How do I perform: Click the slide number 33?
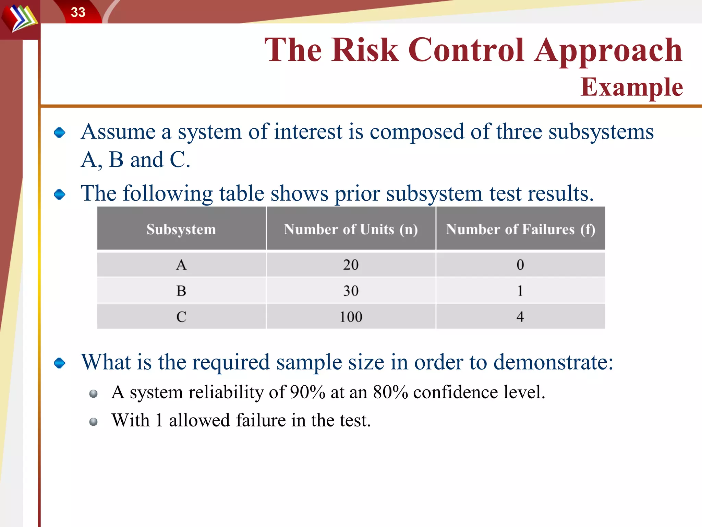(x=78, y=12)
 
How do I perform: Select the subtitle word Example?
(x=631, y=87)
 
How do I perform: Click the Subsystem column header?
(x=181, y=229)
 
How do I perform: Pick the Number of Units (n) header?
(x=351, y=229)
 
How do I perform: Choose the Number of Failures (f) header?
(x=520, y=229)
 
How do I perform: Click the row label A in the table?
(x=181, y=265)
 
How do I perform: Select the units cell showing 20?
(x=351, y=265)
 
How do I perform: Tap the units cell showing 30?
(x=351, y=291)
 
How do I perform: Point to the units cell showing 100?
(x=351, y=317)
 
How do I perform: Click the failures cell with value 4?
(x=520, y=317)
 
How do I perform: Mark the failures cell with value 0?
(x=520, y=265)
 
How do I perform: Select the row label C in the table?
(x=181, y=317)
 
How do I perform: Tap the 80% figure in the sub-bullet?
(x=390, y=392)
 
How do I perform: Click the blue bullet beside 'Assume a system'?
(x=60, y=132)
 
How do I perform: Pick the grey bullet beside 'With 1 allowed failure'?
(x=93, y=421)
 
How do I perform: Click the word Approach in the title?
(x=608, y=50)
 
